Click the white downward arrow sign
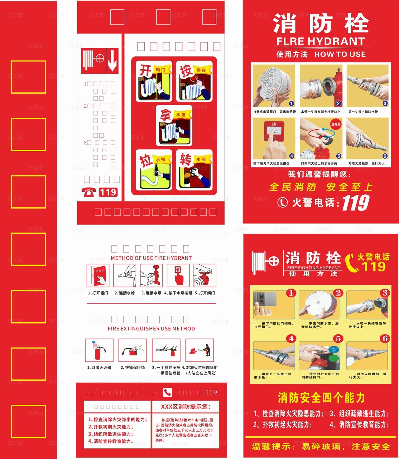[112, 61]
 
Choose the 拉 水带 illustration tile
[154, 170]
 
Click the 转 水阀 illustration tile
[194, 170]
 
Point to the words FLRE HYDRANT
[320, 41]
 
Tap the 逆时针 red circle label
[336, 124]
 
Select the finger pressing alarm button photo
[274, 139]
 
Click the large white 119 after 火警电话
[356, 203]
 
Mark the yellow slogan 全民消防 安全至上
[321, 187]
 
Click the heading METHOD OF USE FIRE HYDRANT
[151, 258]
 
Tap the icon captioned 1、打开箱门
[98, 276]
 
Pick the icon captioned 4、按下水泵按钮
[178, 276]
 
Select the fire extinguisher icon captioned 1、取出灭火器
[99, 350]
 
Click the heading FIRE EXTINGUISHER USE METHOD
[151, 329]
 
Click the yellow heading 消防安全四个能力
[321, 398]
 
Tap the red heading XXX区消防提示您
[185, 407]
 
